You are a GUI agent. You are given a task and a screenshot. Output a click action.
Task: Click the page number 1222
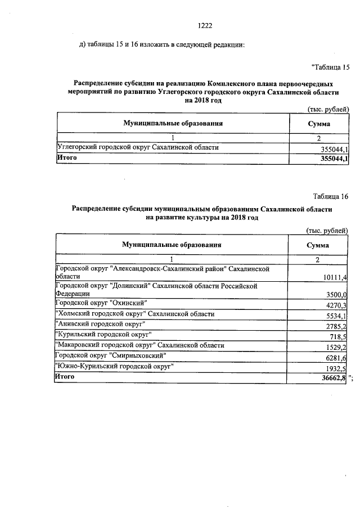pos(206,25)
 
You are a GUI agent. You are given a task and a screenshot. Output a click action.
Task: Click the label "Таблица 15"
pos(330,67)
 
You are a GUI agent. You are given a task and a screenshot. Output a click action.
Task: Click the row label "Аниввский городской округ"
pos(100,324)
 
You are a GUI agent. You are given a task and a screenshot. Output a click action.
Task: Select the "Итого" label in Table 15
pos(66,158)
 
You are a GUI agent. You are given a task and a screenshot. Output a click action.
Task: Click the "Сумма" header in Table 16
pos(317,245)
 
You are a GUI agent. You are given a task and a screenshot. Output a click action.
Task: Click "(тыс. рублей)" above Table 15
pos(328,109)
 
